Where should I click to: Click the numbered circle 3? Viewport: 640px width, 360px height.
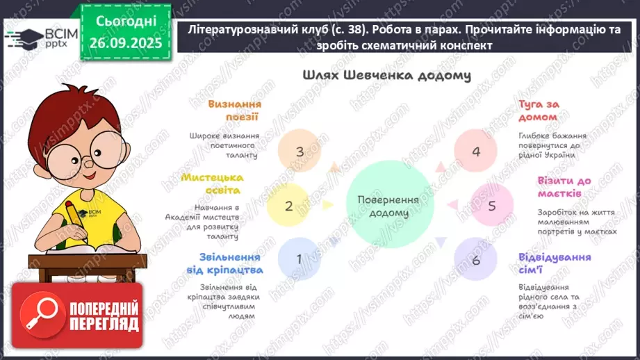[300, 152]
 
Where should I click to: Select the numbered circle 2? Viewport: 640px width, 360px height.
[289, 206]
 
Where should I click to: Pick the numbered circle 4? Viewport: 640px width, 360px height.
[476, 152]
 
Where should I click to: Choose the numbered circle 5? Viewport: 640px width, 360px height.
[492, 206]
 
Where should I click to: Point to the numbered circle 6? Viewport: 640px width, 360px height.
[476, 260]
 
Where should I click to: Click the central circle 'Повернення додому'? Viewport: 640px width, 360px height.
[388, 206]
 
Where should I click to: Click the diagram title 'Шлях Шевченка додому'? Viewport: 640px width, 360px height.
[387, 75]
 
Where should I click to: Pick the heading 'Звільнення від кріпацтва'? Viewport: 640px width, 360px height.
[224, 263]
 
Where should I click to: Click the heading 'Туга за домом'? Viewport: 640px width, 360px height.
[539, 111]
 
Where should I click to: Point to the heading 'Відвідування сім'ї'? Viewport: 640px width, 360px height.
[554, 263]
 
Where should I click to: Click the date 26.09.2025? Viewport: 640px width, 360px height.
[125, 42]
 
